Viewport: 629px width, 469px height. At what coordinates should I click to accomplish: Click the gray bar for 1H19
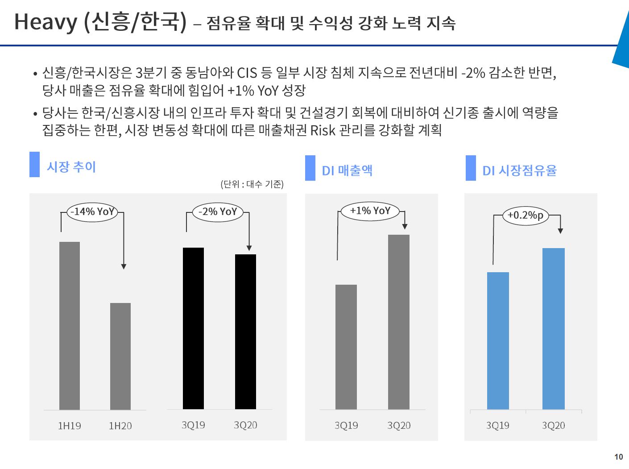(x=70, y=326)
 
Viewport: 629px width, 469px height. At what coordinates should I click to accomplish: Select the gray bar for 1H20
(x=120, y=356)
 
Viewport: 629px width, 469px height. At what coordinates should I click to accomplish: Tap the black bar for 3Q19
(x=193, y=328)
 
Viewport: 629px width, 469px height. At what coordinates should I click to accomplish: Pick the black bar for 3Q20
(x=245, y=332)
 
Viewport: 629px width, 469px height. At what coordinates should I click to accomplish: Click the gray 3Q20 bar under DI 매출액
(x=399, y=322)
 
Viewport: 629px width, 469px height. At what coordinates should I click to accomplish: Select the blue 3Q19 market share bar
(x=498, y=340)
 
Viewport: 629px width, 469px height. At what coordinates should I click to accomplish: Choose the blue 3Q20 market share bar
(x=554, y=328)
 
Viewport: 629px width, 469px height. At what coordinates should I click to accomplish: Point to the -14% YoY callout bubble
(x=92, y=212)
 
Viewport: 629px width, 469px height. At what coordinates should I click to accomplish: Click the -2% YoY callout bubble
(x=218, y=212)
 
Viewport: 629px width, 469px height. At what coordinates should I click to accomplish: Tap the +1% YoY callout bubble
(x=370, y=211)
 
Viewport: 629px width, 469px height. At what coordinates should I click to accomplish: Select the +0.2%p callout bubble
(x=526, y=216)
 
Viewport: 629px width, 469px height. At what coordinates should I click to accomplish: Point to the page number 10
(x=618, y=457)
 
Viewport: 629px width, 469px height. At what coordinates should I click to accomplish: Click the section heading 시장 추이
(x=71, y=167)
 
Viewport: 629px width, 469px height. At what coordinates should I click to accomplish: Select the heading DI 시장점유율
(x=519, y=170)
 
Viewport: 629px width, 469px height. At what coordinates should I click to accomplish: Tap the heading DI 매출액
(x=347, y=170)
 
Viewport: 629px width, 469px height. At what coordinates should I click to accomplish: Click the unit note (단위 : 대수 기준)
(x=252, y=184)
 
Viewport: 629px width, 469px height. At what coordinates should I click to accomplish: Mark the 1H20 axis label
(x=120, y=426)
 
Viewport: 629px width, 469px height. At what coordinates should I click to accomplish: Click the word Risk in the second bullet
(x=323, y=130)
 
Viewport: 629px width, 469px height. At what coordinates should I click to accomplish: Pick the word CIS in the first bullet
(x=247, y=73)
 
